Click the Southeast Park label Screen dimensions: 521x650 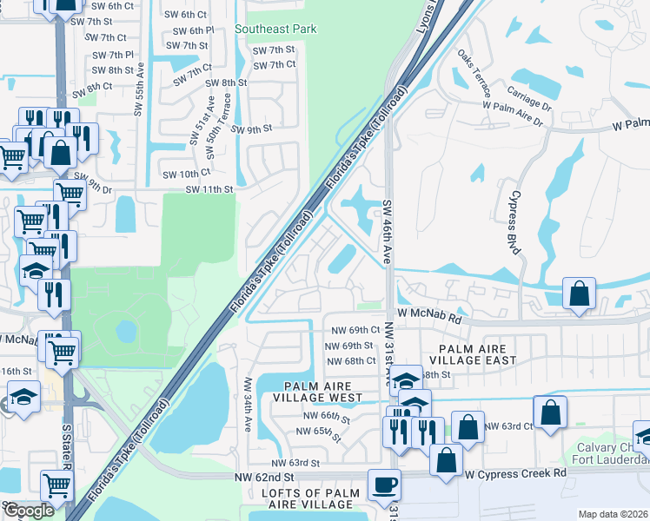point(275,29)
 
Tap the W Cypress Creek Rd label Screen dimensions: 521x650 point(514,474)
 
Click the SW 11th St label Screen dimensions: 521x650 point(210,189)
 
